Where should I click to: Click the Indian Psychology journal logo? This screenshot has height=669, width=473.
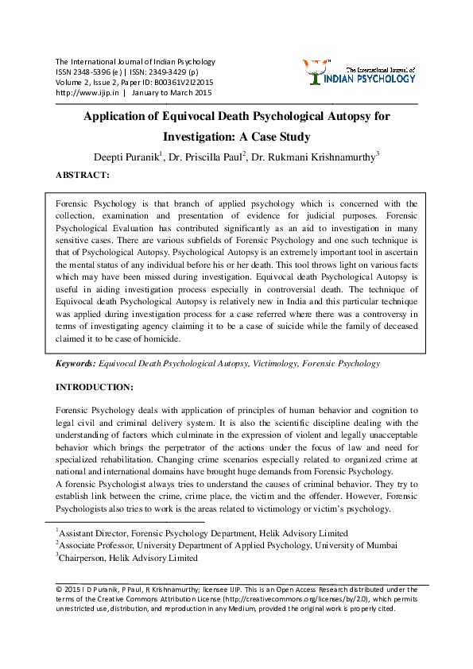coord(359,72)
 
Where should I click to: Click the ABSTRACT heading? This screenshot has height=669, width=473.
coord(83,175)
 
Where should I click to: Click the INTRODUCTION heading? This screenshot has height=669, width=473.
coord(94,387)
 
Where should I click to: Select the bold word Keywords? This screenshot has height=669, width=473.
coord(75,363)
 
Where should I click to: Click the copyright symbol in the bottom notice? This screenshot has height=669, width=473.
coord(58,589)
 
